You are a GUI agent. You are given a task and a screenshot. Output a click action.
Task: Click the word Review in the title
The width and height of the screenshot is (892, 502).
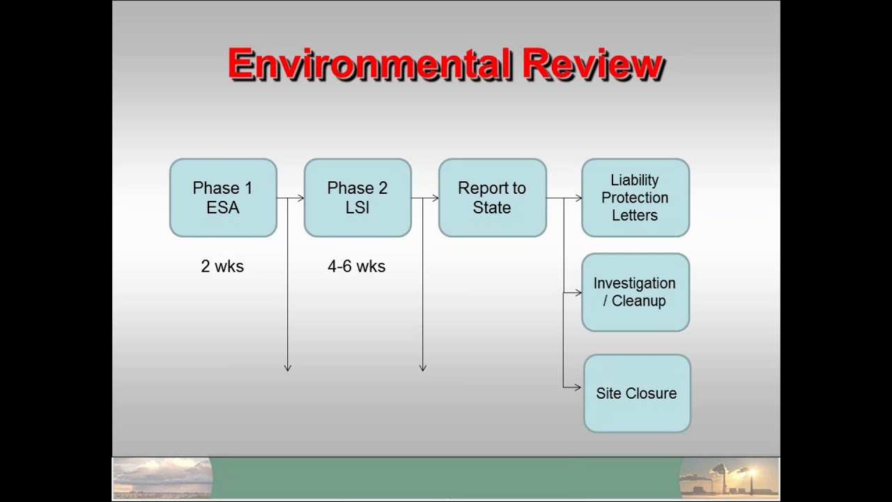(x=592, y=65)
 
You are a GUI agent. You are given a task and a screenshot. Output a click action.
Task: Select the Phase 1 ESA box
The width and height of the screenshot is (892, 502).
(x=223, y=198)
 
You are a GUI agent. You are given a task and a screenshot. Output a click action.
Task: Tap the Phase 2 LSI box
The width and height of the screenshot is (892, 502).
(x=357, y=198)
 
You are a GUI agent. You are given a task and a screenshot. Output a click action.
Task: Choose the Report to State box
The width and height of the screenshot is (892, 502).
(x=492, y=198)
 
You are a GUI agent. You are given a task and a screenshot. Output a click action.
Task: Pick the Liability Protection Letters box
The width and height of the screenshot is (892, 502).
(x=635, y=198)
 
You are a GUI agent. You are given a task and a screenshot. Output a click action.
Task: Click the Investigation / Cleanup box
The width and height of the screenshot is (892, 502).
(x=635, y=292)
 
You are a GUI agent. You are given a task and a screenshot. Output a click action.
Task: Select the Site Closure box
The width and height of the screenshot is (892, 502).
(x=636, y=393)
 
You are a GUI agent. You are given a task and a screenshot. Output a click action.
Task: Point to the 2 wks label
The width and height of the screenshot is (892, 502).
(x=222, y=266)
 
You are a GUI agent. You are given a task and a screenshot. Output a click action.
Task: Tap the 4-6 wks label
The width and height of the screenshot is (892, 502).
(x=356, y=266)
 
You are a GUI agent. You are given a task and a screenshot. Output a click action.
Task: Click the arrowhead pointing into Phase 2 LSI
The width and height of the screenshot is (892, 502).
(x=300, y=198)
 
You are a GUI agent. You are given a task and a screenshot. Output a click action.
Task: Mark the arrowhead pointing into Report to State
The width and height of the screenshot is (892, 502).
(x=435, y=198)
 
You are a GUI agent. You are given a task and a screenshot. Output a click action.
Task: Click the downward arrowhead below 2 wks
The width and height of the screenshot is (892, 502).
(x=287, y=367)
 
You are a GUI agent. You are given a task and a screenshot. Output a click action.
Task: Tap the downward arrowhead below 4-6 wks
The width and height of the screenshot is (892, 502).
(x=422, y=367)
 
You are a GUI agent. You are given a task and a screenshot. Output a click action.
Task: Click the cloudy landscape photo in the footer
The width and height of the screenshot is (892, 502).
(x=162, y=478)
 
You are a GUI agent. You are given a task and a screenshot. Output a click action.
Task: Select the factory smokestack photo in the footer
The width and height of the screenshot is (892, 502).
(x=729, y=478)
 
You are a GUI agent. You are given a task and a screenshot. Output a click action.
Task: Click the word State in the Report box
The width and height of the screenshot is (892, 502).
(x=492, y=208)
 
